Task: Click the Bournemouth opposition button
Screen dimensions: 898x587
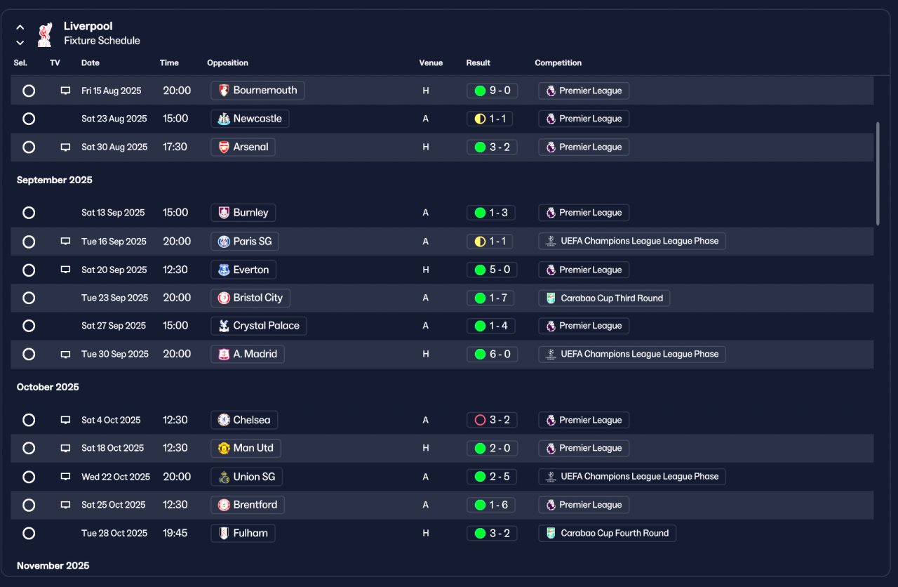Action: (257, 91)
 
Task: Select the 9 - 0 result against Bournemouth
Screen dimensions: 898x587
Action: (492, 91)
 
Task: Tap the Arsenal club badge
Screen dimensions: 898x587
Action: (224, 147)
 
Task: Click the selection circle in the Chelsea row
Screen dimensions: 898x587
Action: (29, 420)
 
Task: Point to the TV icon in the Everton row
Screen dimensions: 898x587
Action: (65, 270)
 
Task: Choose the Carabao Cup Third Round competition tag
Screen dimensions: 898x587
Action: (604, 298)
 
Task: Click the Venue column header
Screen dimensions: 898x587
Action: (431, 63)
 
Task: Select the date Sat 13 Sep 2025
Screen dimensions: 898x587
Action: (113, 213)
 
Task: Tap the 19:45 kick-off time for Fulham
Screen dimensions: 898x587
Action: (175, 533)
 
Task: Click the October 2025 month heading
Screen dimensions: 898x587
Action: (48, 387)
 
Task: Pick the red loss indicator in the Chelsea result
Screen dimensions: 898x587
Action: (480, 420)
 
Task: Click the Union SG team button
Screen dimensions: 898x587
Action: (246, 477)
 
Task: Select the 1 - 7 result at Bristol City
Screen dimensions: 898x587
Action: (490, 298)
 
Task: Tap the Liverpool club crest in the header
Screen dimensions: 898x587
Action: (46, 34)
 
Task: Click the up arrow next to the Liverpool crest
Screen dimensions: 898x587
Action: (20, 27)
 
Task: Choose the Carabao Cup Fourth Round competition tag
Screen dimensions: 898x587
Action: (608, 533)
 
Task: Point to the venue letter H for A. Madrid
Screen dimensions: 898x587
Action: (426, 355)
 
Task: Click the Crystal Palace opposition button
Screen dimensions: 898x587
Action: (259, 326)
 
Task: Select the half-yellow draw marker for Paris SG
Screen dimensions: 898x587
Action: (480, 242)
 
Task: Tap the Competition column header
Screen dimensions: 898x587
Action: (558, 63)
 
